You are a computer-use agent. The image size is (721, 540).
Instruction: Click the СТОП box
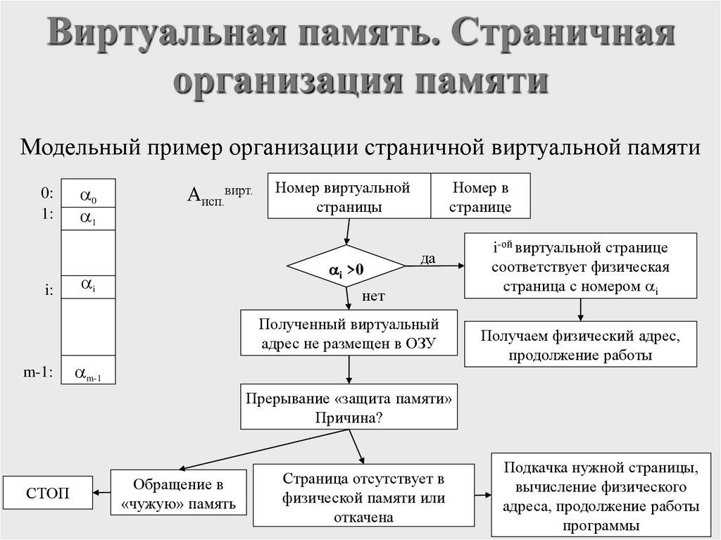[x=48, y=493]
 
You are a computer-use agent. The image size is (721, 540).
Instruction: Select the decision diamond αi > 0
[x=346, y=268]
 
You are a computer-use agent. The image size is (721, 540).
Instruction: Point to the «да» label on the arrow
[x=428, y=258]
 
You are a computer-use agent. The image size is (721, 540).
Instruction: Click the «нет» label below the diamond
[x=373, y=296]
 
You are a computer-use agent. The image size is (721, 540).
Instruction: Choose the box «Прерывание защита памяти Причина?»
[x=349, y=407]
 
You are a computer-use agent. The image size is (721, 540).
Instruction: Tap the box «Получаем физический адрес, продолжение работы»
[x=580, y=344]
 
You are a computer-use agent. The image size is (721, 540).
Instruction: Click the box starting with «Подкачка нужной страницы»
[x=601, y=496]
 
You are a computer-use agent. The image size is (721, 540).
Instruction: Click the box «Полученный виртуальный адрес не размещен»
[x=349, y=334]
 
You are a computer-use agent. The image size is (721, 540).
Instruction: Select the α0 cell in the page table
[x=88, y=194]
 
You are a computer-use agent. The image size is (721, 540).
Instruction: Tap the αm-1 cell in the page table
[x=88, y=373]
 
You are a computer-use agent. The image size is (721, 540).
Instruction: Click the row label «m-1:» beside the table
[x=39, y=373]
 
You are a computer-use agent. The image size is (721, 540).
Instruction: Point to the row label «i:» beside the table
[x=47, y=288]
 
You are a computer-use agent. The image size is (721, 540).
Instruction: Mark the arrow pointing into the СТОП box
[x=102, y=493]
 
